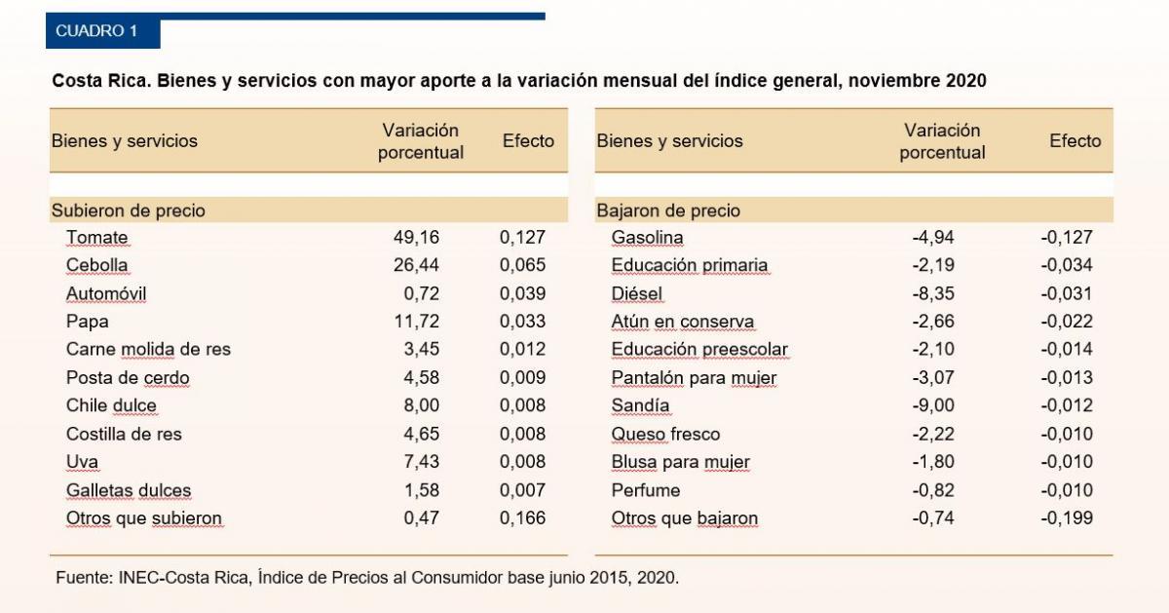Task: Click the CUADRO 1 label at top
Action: (96, 31)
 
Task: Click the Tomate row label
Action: (96, 237)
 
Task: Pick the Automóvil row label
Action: (106, 293)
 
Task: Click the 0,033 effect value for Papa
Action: (522, 322)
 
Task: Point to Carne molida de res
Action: (148, 349)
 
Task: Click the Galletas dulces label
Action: (129, 490)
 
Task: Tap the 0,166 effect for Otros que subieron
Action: (522, 518)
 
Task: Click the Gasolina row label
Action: (647, 237)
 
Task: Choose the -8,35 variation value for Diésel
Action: (933, 293)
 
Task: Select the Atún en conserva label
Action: (682, 322)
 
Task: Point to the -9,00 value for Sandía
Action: (933, 405)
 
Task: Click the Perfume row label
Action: (645, 490)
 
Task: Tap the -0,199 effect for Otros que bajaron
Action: (1066, 518)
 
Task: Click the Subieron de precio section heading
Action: (128, 211)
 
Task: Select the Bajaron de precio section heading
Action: (668, 211)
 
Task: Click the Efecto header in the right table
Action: (1075, 141)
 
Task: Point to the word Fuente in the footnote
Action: (84, 577)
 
